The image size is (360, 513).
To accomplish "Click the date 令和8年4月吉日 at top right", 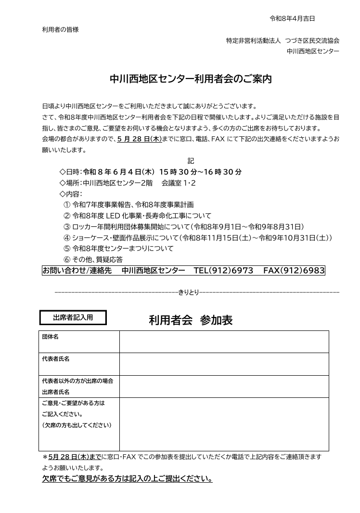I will (x=292, y=19).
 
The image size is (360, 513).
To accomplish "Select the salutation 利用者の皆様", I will (x=61, y=30).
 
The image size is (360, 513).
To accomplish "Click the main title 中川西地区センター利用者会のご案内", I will (x=191, y=79).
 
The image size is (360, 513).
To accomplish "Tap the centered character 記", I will (x=191, y=161).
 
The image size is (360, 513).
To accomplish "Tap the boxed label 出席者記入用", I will (x=73, y=318).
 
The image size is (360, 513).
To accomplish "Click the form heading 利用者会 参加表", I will (x=191, y=320).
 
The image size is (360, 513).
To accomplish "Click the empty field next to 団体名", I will (x=224, y=342).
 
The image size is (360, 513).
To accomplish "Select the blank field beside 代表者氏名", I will (x=224, y=364).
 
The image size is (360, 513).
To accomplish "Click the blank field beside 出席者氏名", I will (x=224, y=386).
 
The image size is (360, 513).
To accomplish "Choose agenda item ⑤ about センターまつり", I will (x=118, y=249).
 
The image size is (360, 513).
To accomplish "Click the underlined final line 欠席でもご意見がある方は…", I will (x=128, y=479).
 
